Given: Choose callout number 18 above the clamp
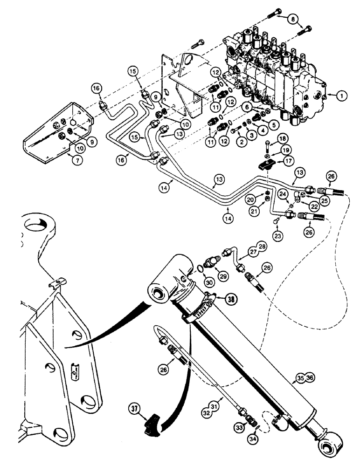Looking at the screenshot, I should (280, 139).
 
